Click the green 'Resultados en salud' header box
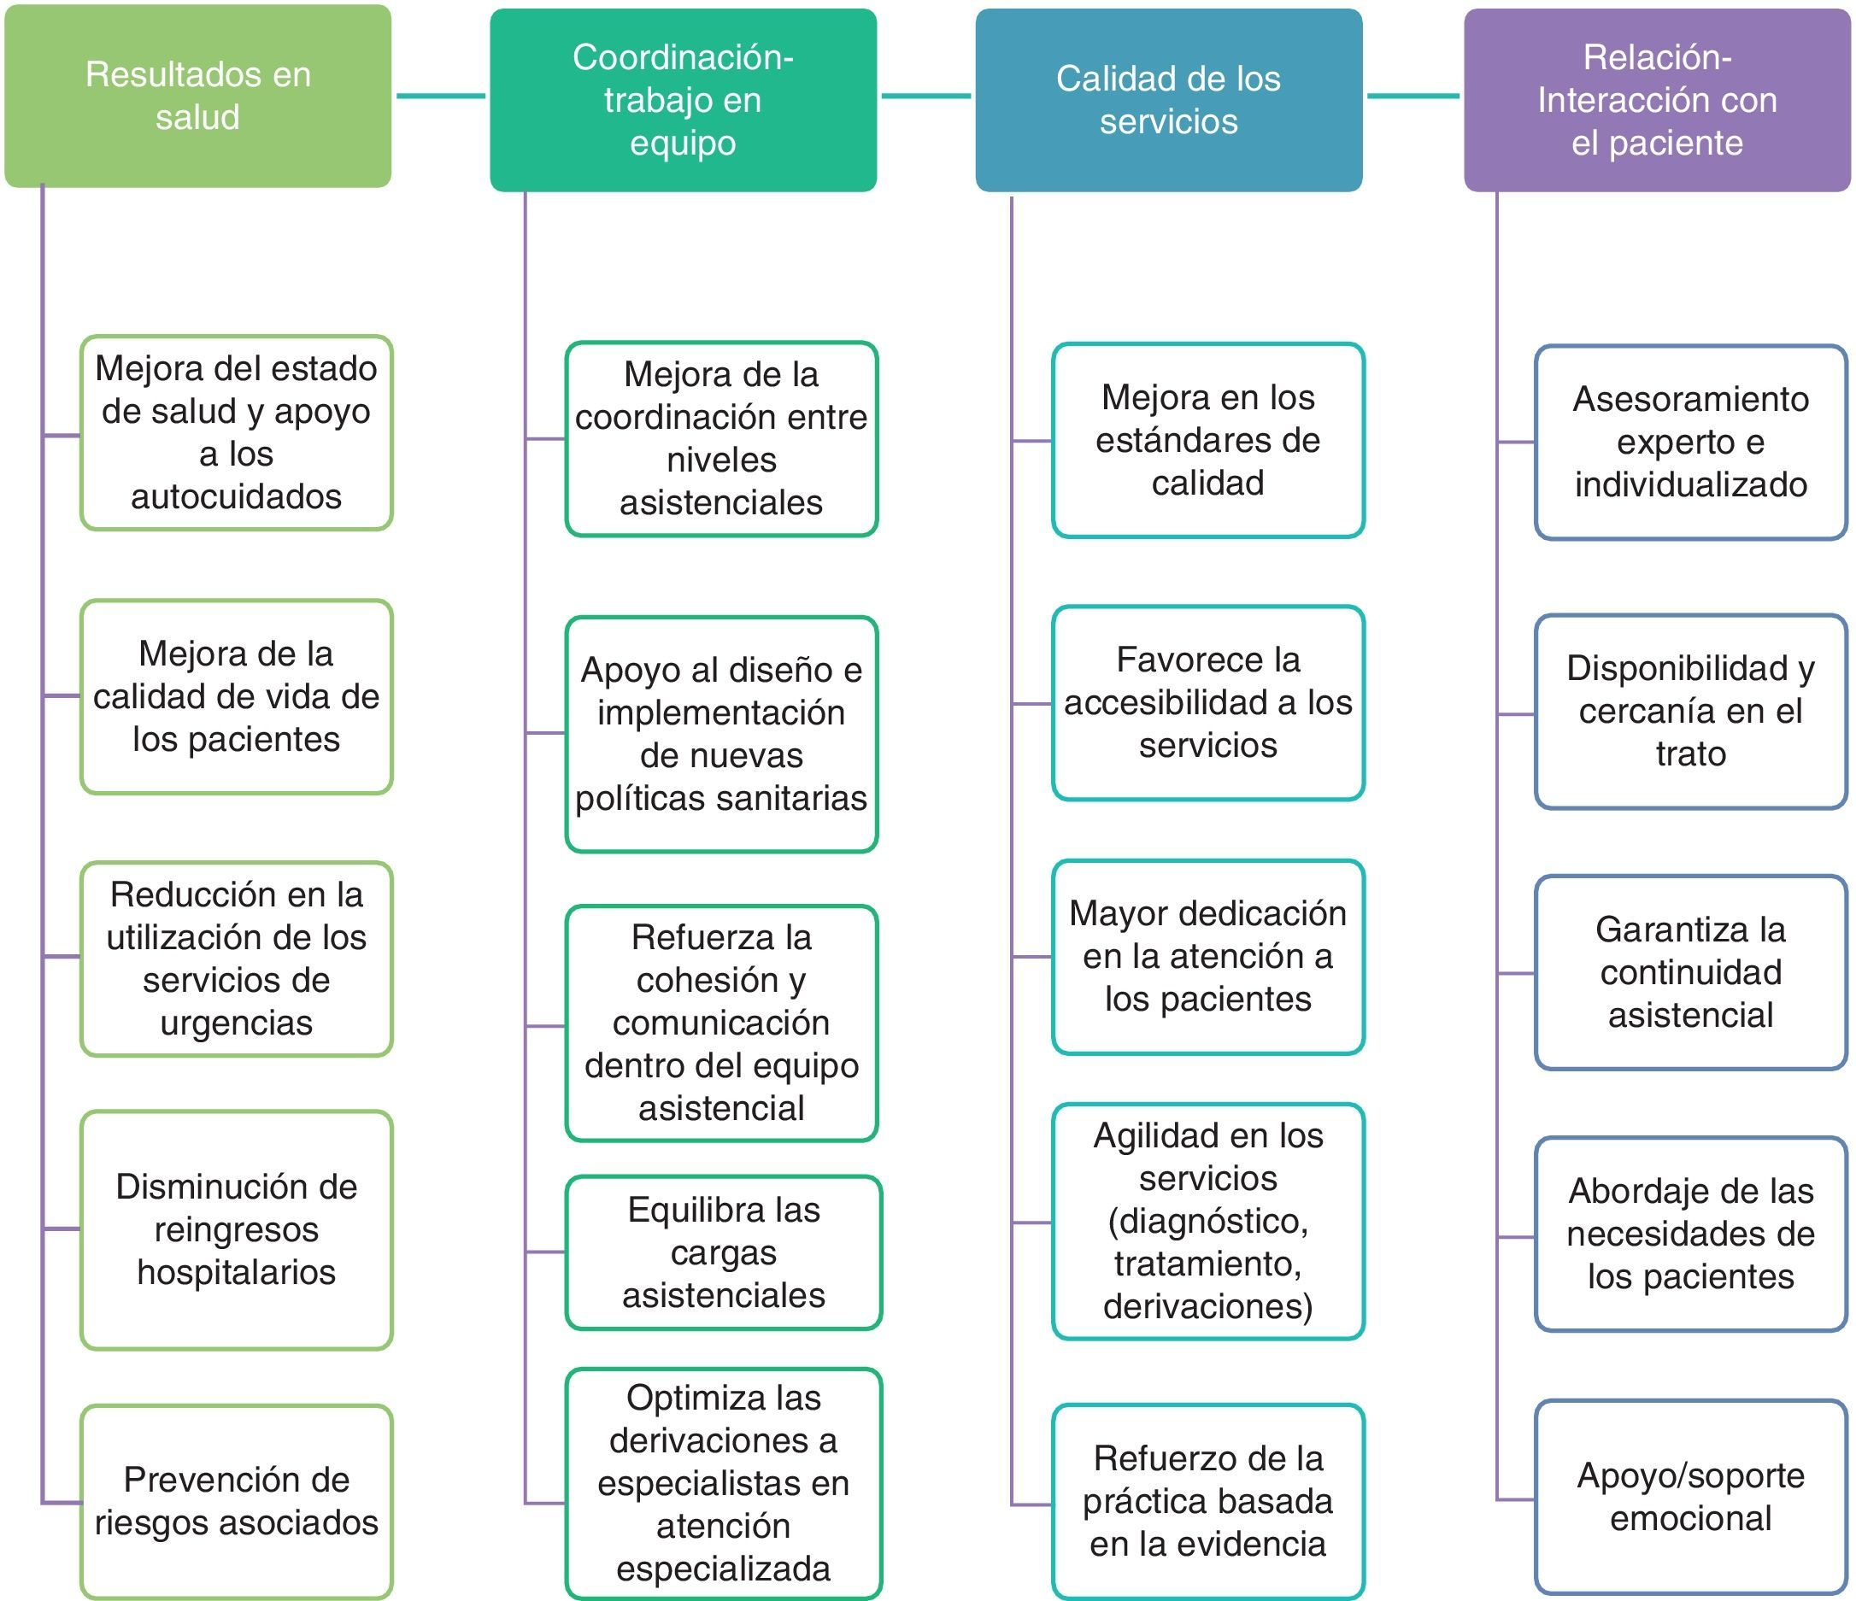(198, 96)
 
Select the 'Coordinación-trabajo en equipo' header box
(683, 99)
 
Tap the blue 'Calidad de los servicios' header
(1168, 99)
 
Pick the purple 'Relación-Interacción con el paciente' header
(1656, 99)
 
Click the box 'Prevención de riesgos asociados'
(237, 1501)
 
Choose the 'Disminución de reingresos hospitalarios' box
(237, 1229)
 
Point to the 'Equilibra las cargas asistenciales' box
(723, 1252)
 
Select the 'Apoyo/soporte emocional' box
(1690, 1496)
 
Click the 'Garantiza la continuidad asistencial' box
(1690, 971)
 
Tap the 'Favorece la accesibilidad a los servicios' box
(1207, 702)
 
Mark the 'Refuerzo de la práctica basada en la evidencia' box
(1207, 1501)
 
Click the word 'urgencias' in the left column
(237, 1022)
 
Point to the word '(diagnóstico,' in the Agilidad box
(1207, 1221)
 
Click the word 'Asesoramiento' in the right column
(1690, 399)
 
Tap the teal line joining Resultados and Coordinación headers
(440, 96)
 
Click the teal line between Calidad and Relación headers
(1413, 96)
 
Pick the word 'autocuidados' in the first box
(237, 496)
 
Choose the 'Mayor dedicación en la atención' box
(1207, 956)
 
